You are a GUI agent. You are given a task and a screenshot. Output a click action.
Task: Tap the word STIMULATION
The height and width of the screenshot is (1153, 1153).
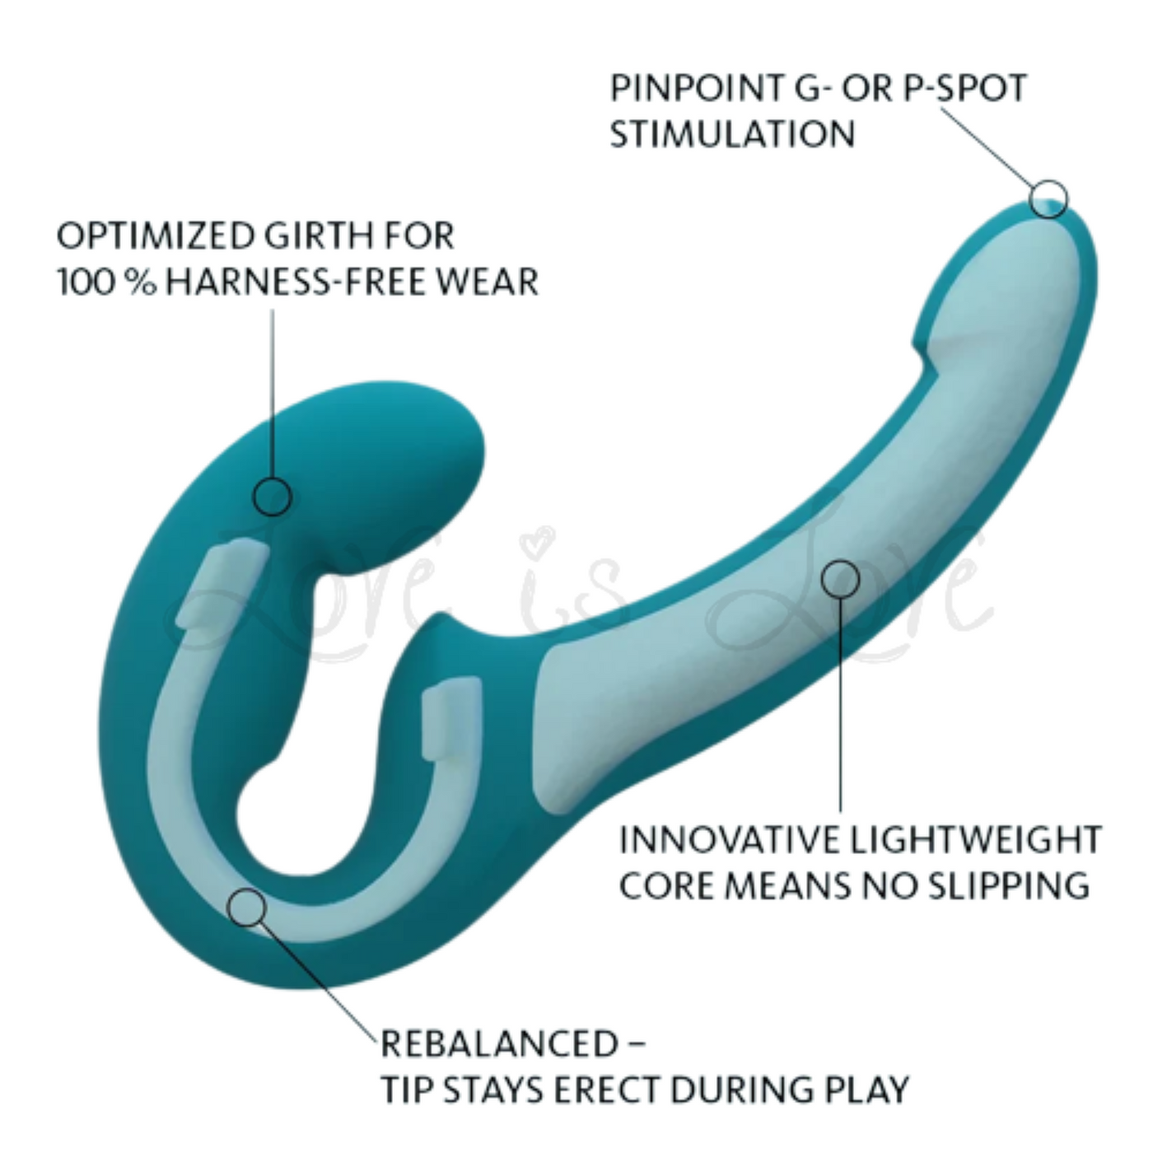tap(732, 134)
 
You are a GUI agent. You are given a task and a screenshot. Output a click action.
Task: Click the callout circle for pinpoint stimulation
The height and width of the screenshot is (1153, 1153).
tap(1048, 199)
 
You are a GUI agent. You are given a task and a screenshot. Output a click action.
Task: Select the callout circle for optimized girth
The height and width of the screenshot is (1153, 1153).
tap(272, 497)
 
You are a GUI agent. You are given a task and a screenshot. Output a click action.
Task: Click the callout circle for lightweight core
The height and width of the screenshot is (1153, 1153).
tap(840, 579)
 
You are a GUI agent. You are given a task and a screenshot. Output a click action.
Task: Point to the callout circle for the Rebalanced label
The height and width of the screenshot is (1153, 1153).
tap(246, 908)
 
